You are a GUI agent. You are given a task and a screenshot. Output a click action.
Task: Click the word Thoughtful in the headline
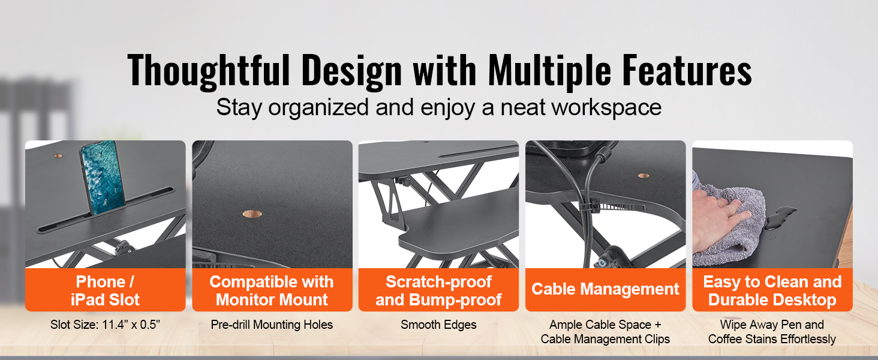(209, 71)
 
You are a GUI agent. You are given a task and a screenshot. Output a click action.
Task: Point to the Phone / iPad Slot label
(105, 290)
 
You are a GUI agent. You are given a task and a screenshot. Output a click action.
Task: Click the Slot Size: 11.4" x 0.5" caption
(105, 325)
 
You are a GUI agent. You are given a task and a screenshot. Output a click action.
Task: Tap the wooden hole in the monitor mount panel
(252, 214)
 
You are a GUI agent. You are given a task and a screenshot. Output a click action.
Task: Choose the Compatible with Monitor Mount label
(272, 290)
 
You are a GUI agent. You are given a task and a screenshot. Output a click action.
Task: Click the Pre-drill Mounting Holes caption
(272, 325)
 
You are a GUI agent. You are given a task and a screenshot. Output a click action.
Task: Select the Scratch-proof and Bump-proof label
(438, 290)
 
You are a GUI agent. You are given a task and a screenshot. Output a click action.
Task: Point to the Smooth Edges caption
(438, 325)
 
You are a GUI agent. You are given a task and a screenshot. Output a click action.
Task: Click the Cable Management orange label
(605, 289)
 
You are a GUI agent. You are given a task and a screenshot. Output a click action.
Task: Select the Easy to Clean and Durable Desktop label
(772, 290)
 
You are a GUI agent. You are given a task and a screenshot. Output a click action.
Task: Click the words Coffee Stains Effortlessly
(772, 339)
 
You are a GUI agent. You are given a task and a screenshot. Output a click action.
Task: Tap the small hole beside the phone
(58, 155)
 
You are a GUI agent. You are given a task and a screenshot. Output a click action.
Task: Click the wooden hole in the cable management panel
(644, 176)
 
